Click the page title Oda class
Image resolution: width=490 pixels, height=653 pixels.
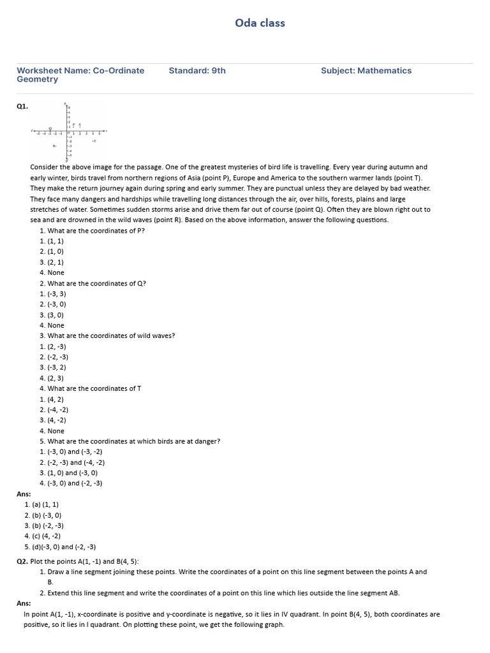coord(260,23)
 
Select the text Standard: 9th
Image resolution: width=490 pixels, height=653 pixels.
coord(197,71)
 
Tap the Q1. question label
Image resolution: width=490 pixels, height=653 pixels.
coord(22,107)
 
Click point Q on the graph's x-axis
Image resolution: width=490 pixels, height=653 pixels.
coord(50,130)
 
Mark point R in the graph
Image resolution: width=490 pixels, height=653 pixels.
coord(55,146)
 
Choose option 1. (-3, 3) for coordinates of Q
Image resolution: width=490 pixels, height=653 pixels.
coord(52,294)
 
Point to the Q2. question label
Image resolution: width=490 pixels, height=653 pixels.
coord(22,561)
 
